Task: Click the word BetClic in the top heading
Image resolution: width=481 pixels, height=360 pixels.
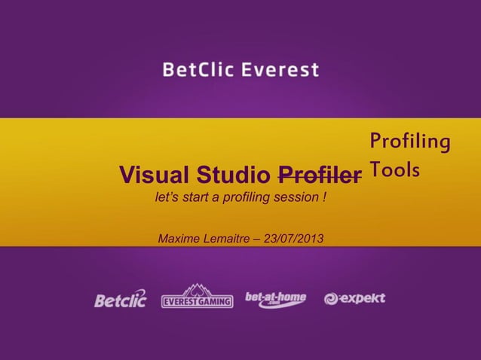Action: [195, 71]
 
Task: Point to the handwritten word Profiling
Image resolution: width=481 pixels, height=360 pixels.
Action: [410, 142]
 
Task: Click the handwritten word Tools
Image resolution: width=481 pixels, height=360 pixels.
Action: [394, 172]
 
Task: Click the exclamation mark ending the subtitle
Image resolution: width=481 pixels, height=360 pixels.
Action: [323, 200]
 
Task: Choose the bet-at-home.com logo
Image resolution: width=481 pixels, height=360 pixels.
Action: [275, 299]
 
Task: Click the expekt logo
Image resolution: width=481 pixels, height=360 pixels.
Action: [354, 298]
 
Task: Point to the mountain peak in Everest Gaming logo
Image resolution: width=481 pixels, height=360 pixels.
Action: [197, 288]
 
